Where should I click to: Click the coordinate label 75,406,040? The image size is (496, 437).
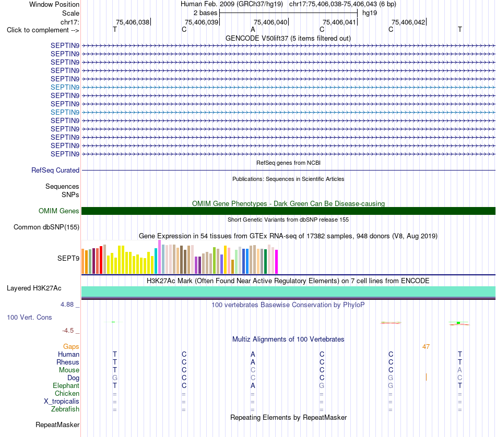[270, 22]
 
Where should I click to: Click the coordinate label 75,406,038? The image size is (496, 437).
[133, 22]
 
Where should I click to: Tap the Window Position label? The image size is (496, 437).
[54, 4]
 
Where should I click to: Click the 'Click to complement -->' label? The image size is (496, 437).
[43, 30]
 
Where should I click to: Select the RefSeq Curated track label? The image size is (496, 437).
[55, 170]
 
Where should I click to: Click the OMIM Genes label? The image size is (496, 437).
[59, 211]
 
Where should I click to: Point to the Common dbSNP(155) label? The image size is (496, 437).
[46, 227]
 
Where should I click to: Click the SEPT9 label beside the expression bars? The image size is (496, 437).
[68, 259]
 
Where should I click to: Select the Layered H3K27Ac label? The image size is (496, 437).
[34, 288]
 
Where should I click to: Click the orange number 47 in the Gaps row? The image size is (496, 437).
[426, 347]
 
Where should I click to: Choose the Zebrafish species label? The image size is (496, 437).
[65, 409]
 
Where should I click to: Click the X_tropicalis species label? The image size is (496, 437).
[62, 402]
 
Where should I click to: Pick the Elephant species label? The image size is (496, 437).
[66, 386]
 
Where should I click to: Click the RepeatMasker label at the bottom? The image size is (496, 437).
[57, 424]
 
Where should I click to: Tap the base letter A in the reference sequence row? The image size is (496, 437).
[253, 30]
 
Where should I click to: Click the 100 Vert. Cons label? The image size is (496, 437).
[29, 317]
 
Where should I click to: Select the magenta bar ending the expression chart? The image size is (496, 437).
[277, 262]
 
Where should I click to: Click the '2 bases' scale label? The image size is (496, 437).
[205, 13]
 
